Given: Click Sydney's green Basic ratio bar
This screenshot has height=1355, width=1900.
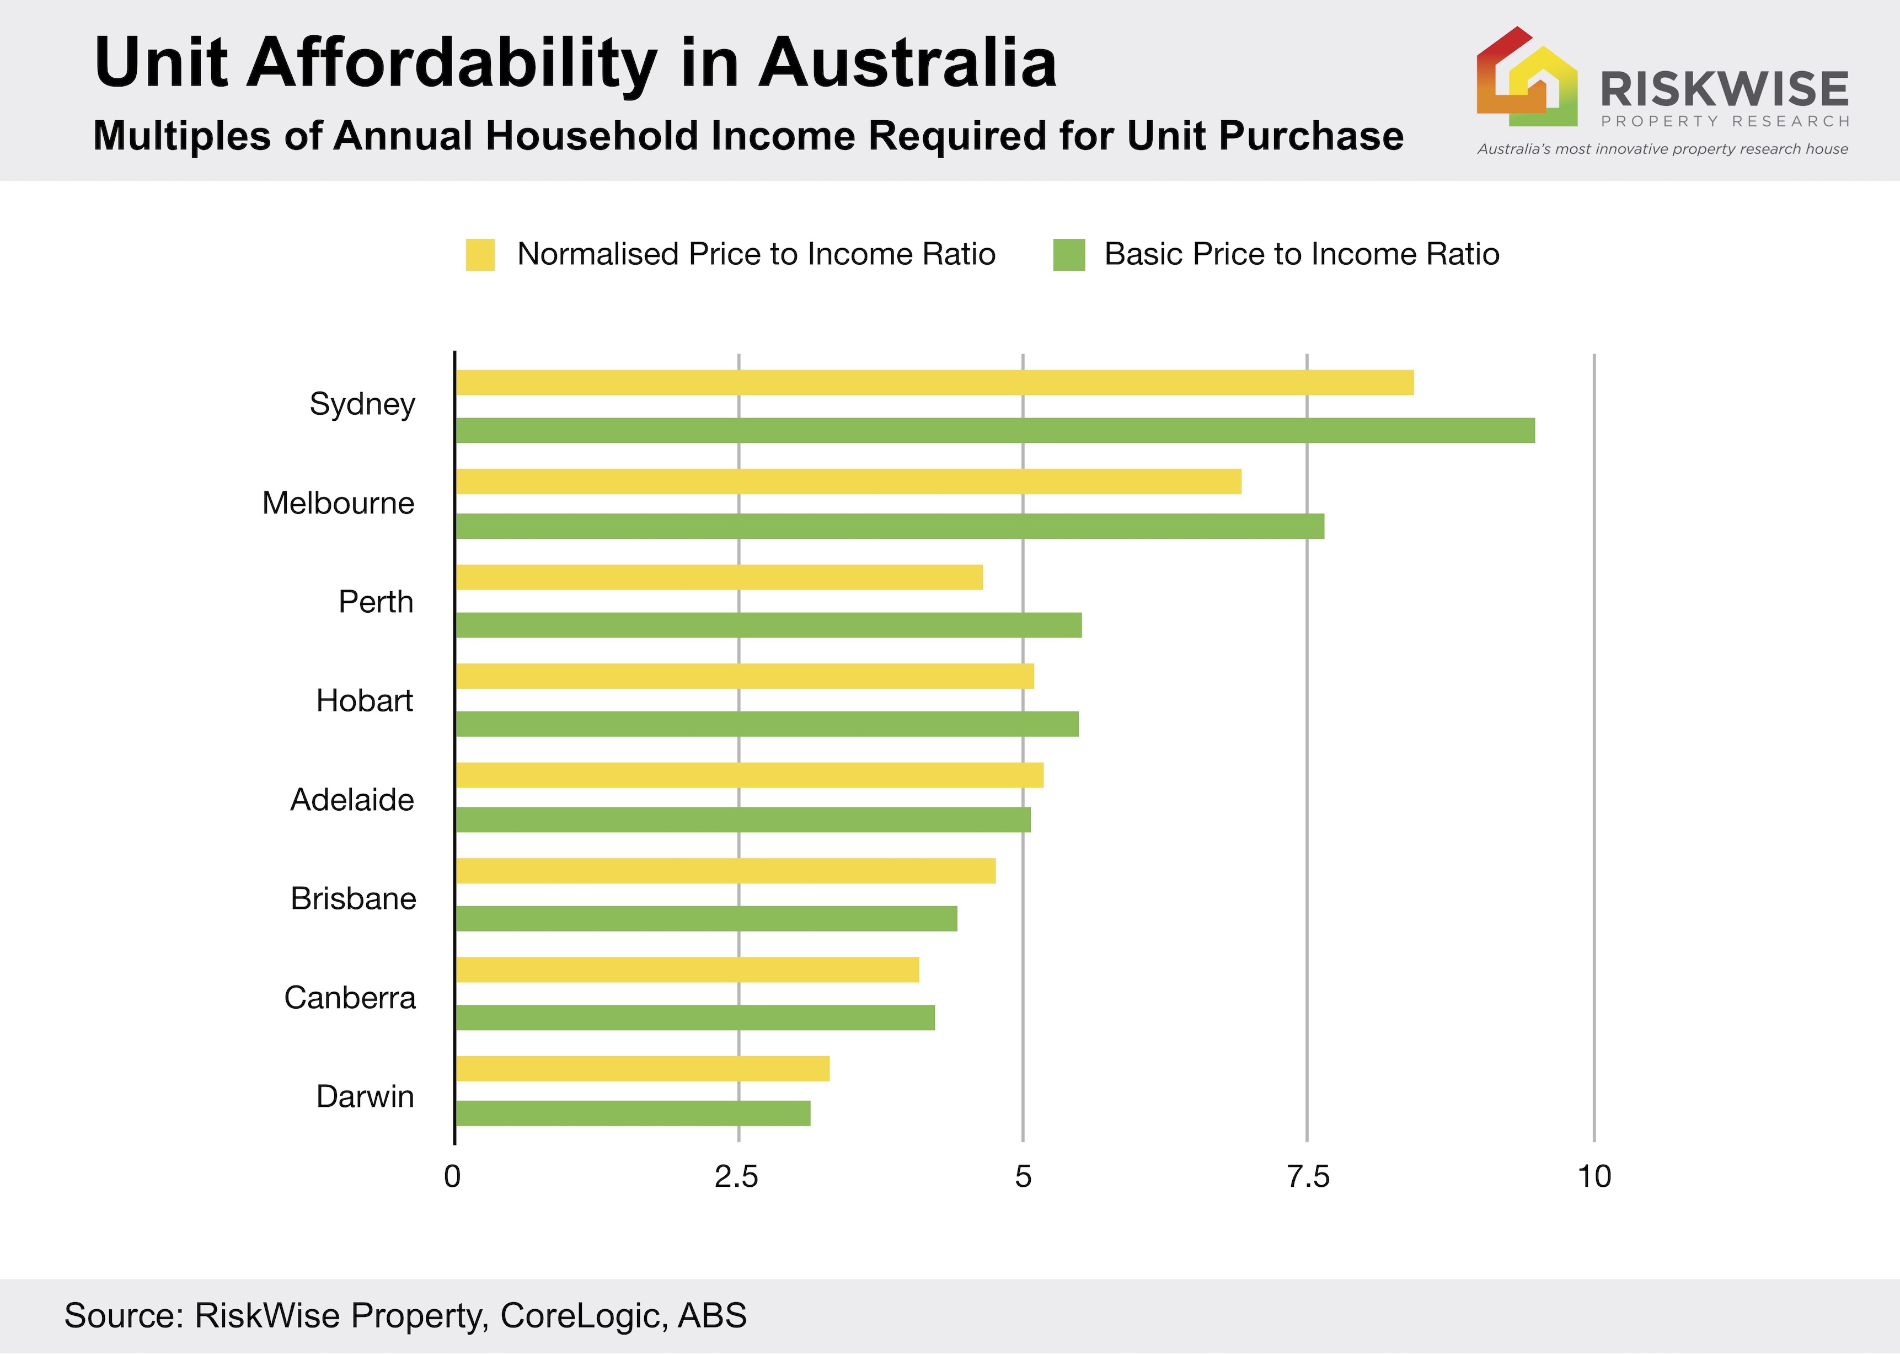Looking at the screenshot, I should (x=994, y=431).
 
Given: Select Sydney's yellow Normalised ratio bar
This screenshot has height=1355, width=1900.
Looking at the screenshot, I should (x=935, y=382).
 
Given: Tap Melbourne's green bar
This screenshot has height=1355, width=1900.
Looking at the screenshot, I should (x=890, y=527).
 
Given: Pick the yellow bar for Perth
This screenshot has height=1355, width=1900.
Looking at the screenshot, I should (x=719, y=577).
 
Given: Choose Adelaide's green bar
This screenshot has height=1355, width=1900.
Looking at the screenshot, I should (x=743, y=820).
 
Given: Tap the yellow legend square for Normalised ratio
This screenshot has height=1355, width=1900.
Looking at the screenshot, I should (x=480, y=254).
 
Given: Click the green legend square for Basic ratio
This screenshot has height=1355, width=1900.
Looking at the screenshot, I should (x=1069, y=254).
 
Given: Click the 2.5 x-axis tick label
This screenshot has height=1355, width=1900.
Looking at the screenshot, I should (x=737, y=1176).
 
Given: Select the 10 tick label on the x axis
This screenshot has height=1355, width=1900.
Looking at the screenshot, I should (x=1594, y=1176).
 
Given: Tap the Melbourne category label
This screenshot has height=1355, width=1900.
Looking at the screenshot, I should (x=338, y=503).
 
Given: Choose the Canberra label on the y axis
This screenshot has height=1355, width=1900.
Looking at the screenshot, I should (x=350, y=998).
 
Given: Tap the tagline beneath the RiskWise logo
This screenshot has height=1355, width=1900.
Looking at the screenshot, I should (x=1662, y=149).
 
